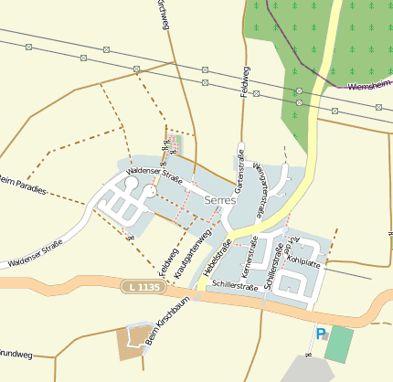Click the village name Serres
point(221,199)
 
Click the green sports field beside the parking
point(339,345)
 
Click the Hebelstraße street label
point(219,260)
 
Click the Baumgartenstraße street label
point(261,187)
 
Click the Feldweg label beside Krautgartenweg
point(167,263)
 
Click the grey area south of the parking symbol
point(306,369)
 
